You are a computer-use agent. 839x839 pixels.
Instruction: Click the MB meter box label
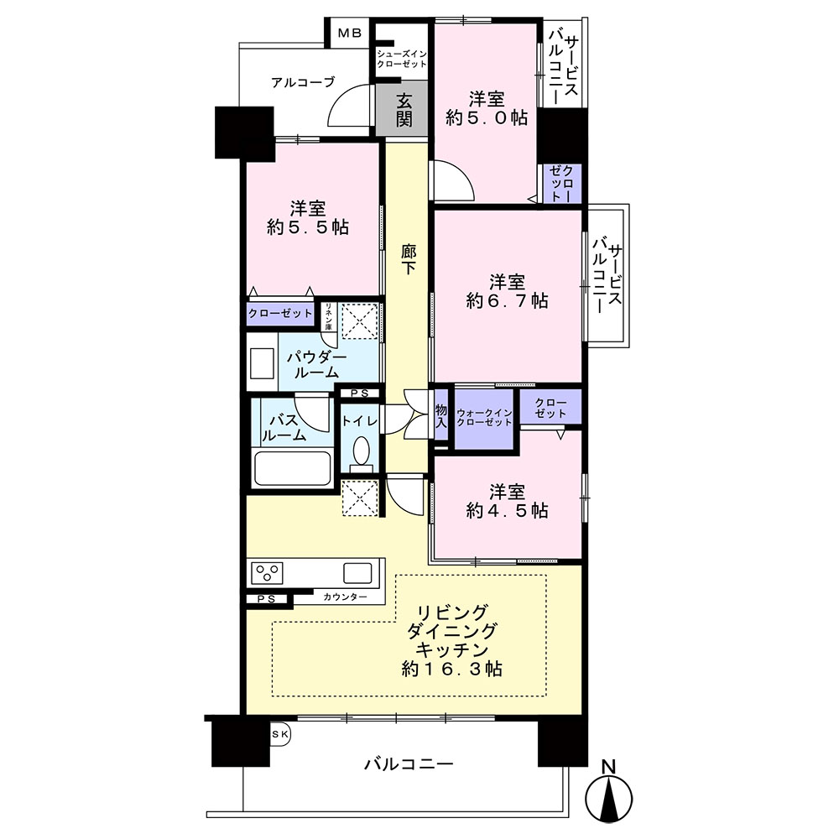pos(349,34)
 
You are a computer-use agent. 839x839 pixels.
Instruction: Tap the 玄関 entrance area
pos(402,109)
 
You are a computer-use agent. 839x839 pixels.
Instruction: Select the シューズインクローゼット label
pos(401,59)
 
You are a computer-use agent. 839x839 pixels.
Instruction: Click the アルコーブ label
pos(303,82)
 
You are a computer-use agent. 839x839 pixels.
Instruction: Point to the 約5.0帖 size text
pos(487,117)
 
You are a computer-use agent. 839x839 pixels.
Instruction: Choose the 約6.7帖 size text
pos(507,300)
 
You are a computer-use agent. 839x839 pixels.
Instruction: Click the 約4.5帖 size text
pos(507,510)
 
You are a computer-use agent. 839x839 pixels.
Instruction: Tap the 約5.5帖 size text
pos(308,227)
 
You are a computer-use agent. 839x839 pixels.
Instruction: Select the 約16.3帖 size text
pos(452,669)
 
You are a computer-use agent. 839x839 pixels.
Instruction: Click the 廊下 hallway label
pos(409,259)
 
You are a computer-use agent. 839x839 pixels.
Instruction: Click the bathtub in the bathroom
pos(292,468)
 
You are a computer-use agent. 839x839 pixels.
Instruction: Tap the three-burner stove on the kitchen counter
pos(266,573)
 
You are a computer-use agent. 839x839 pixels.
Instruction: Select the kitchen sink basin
pos(357,573)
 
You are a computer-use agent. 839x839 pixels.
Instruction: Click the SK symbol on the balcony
pos(280,735)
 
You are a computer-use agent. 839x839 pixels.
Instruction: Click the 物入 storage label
pos(441,416)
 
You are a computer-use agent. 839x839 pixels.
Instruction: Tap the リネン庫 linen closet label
pos(328,316)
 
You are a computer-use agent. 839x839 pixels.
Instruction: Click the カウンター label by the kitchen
pos(345,597)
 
